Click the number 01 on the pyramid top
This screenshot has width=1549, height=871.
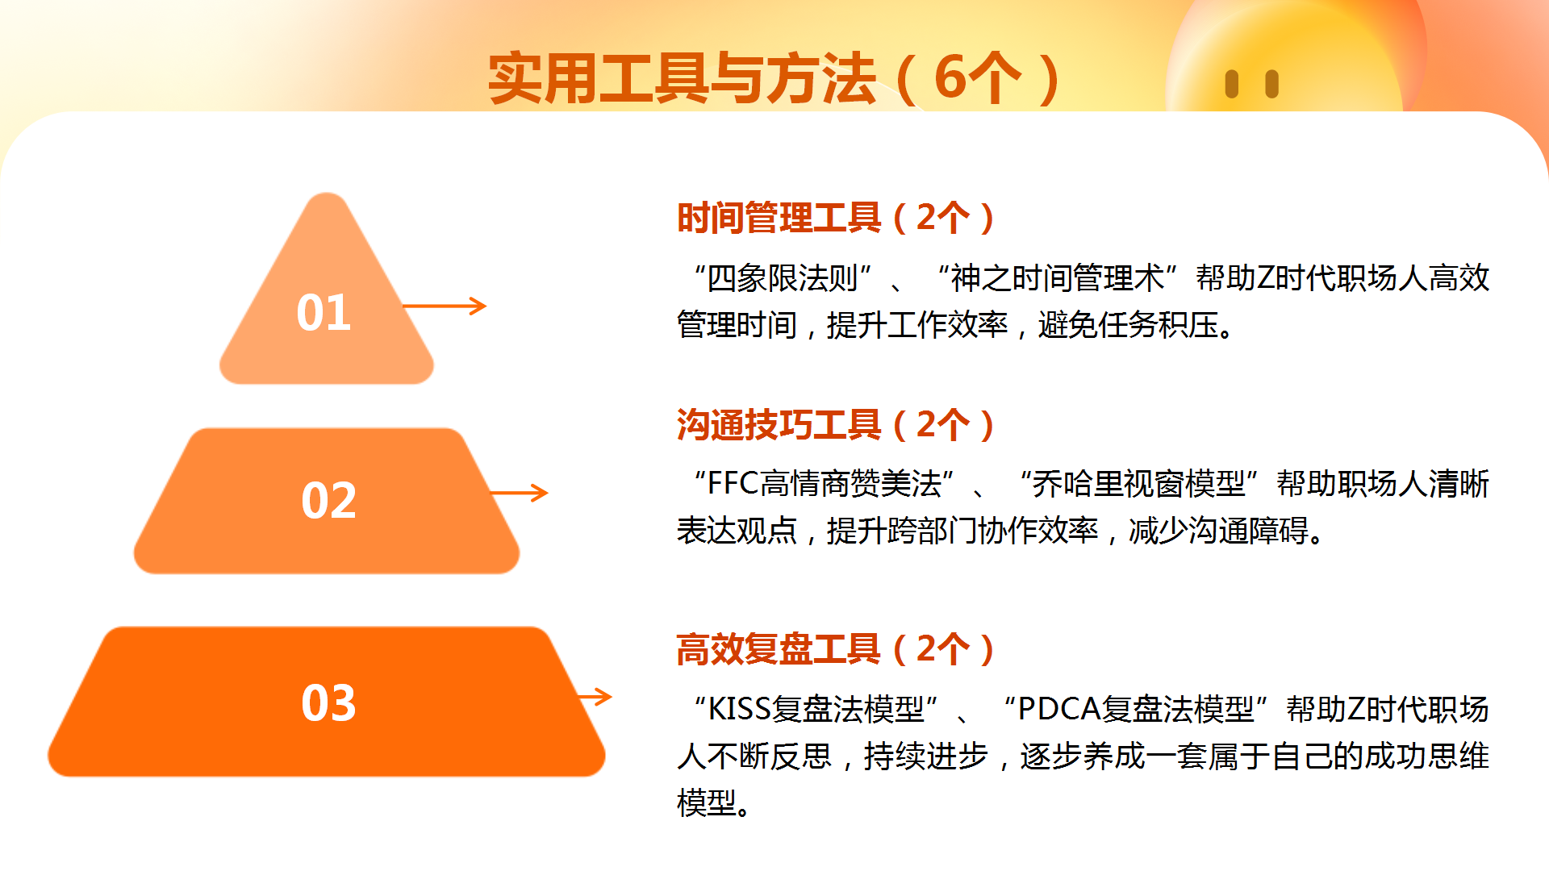tap(324, 312)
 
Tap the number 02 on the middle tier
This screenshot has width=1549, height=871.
tap(328, 500)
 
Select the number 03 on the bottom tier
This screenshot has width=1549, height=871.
tap(328, 702)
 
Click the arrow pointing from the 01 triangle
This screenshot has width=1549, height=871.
tap(445, 306)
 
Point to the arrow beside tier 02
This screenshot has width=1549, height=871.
tap(519, 493)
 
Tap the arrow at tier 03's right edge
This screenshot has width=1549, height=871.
tap(595, 697)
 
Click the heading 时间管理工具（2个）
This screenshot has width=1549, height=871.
tap(837, 218)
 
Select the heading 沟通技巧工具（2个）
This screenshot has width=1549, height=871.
tap(837, 424)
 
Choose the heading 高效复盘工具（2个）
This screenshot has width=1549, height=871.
tap(837, 648)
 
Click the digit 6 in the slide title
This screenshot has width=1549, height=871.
tap(950, 78)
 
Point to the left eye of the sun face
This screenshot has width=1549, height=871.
tap(1231, 84)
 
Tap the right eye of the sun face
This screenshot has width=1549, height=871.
tap(1272, 84)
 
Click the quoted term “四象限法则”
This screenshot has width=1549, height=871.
tap(783, 278)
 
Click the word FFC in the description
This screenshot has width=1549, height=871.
tap(733, 484)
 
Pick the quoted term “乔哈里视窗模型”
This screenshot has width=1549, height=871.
tap(1138, 484)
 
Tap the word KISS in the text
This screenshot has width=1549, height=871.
tap(740, 709)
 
